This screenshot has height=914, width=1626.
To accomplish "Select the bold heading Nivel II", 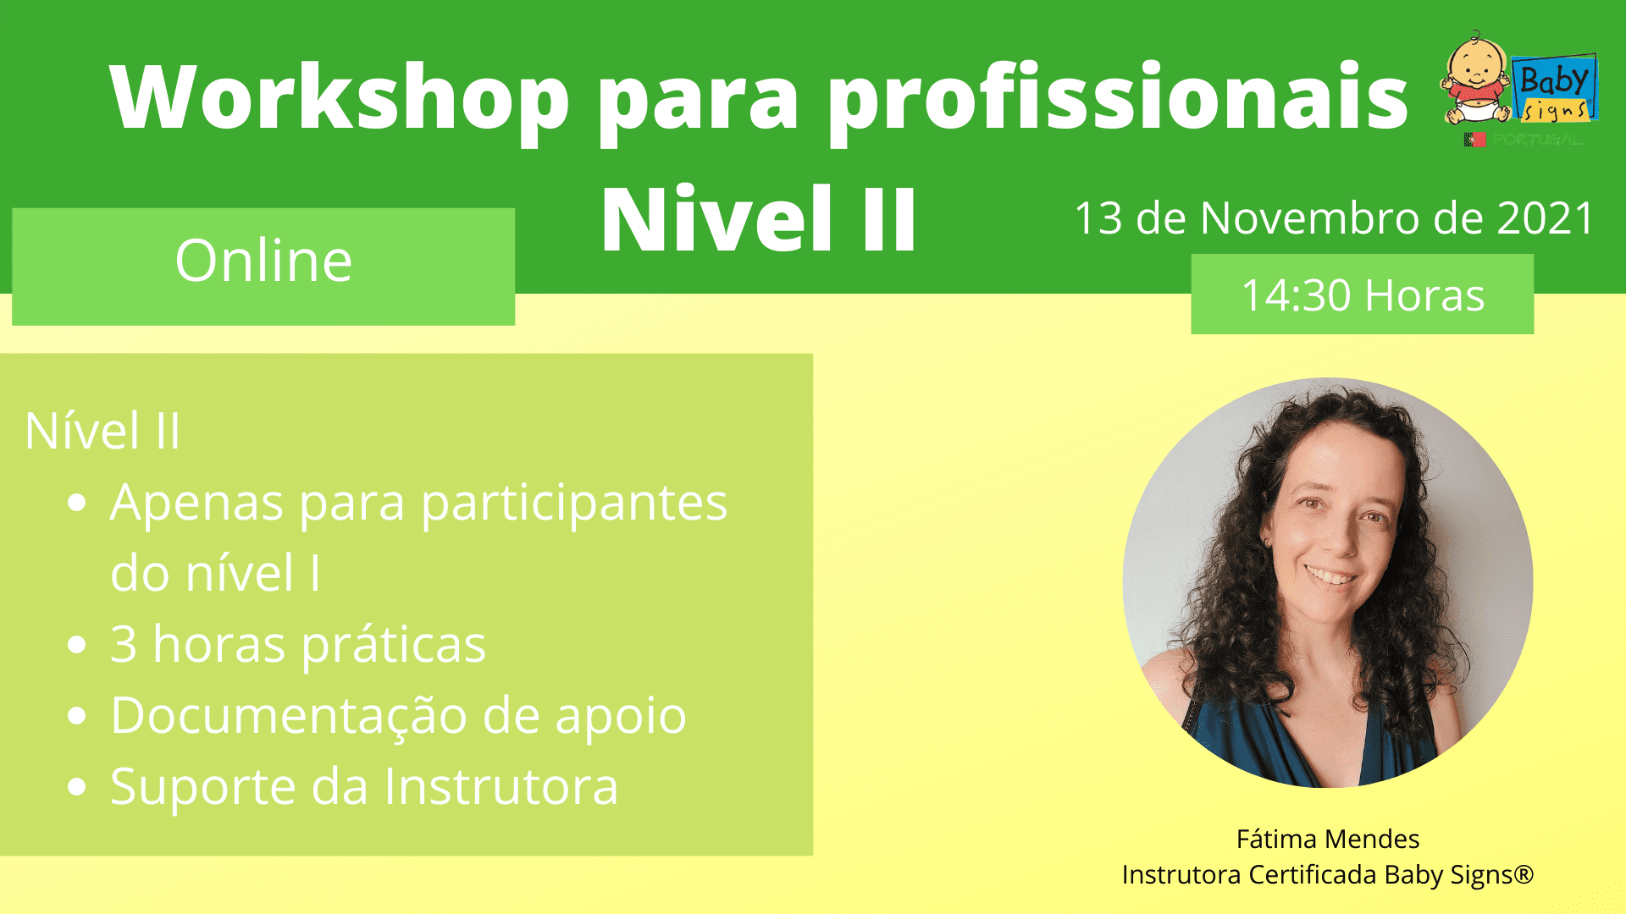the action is tap(759, 219).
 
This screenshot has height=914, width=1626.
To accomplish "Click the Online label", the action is tap(263, 261).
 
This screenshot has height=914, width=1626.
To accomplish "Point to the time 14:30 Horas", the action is tap(1363, 295).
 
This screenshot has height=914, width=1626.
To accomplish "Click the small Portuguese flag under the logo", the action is tap(1474, 140).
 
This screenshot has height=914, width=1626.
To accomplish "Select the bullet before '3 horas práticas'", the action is tap(77, 645).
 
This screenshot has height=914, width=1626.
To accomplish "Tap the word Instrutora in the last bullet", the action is tap(501, 786).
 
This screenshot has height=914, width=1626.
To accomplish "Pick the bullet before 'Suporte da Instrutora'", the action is tap(77, 787).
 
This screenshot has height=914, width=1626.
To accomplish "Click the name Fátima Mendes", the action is tap(1327, 839).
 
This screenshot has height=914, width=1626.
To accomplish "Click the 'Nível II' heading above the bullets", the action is tap(102, 431).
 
